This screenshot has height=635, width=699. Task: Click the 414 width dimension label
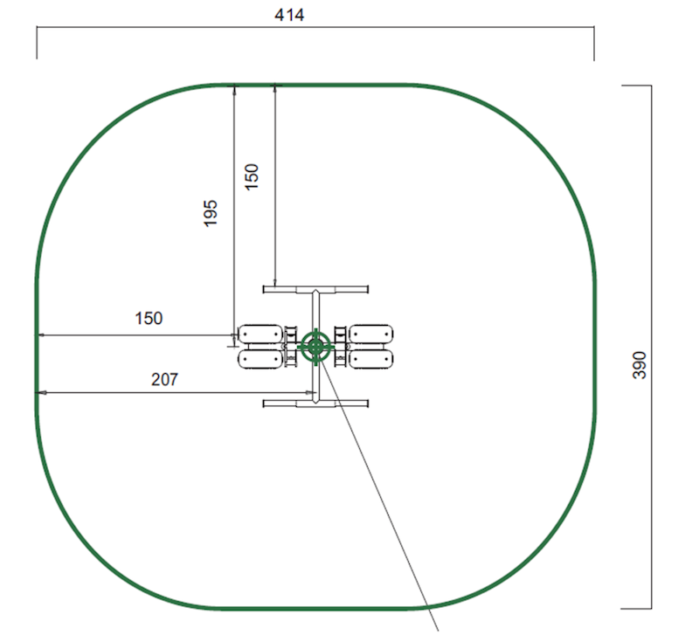click(x=288, y=15)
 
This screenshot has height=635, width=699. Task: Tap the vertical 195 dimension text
click(x=211, y=213)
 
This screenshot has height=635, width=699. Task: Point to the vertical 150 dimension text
click(x=252, y=176)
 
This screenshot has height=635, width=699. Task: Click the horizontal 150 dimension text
click(x=149, y=318)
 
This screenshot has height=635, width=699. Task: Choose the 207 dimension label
click(x=164, y=379)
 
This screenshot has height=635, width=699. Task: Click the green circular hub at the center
click(x=315, y=346)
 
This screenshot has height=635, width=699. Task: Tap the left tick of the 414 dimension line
click(x=37, y=44)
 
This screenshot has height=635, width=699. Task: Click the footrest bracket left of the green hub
click(x=290, y=346)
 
